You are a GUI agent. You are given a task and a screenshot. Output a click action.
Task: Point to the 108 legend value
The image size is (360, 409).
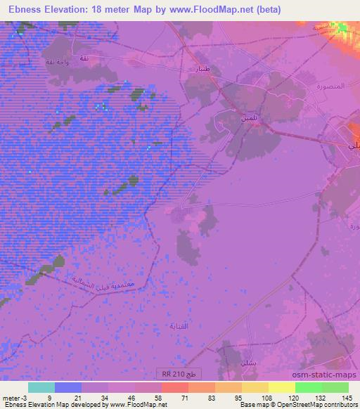pos(266,397)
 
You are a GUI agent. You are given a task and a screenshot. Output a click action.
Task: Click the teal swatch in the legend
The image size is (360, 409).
pos(41,387)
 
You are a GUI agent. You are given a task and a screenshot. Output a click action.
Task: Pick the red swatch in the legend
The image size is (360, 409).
pos(175,387)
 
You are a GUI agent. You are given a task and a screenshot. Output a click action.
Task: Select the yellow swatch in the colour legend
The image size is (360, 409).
pos(282,387)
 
